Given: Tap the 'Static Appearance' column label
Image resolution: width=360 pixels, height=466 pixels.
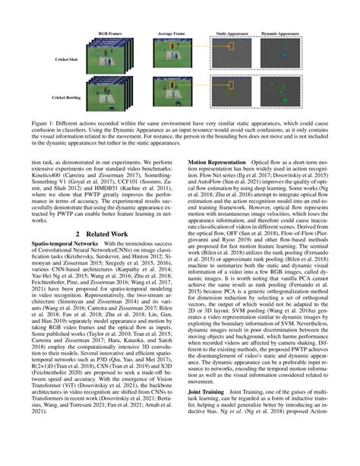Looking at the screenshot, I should tap(236, 34).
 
